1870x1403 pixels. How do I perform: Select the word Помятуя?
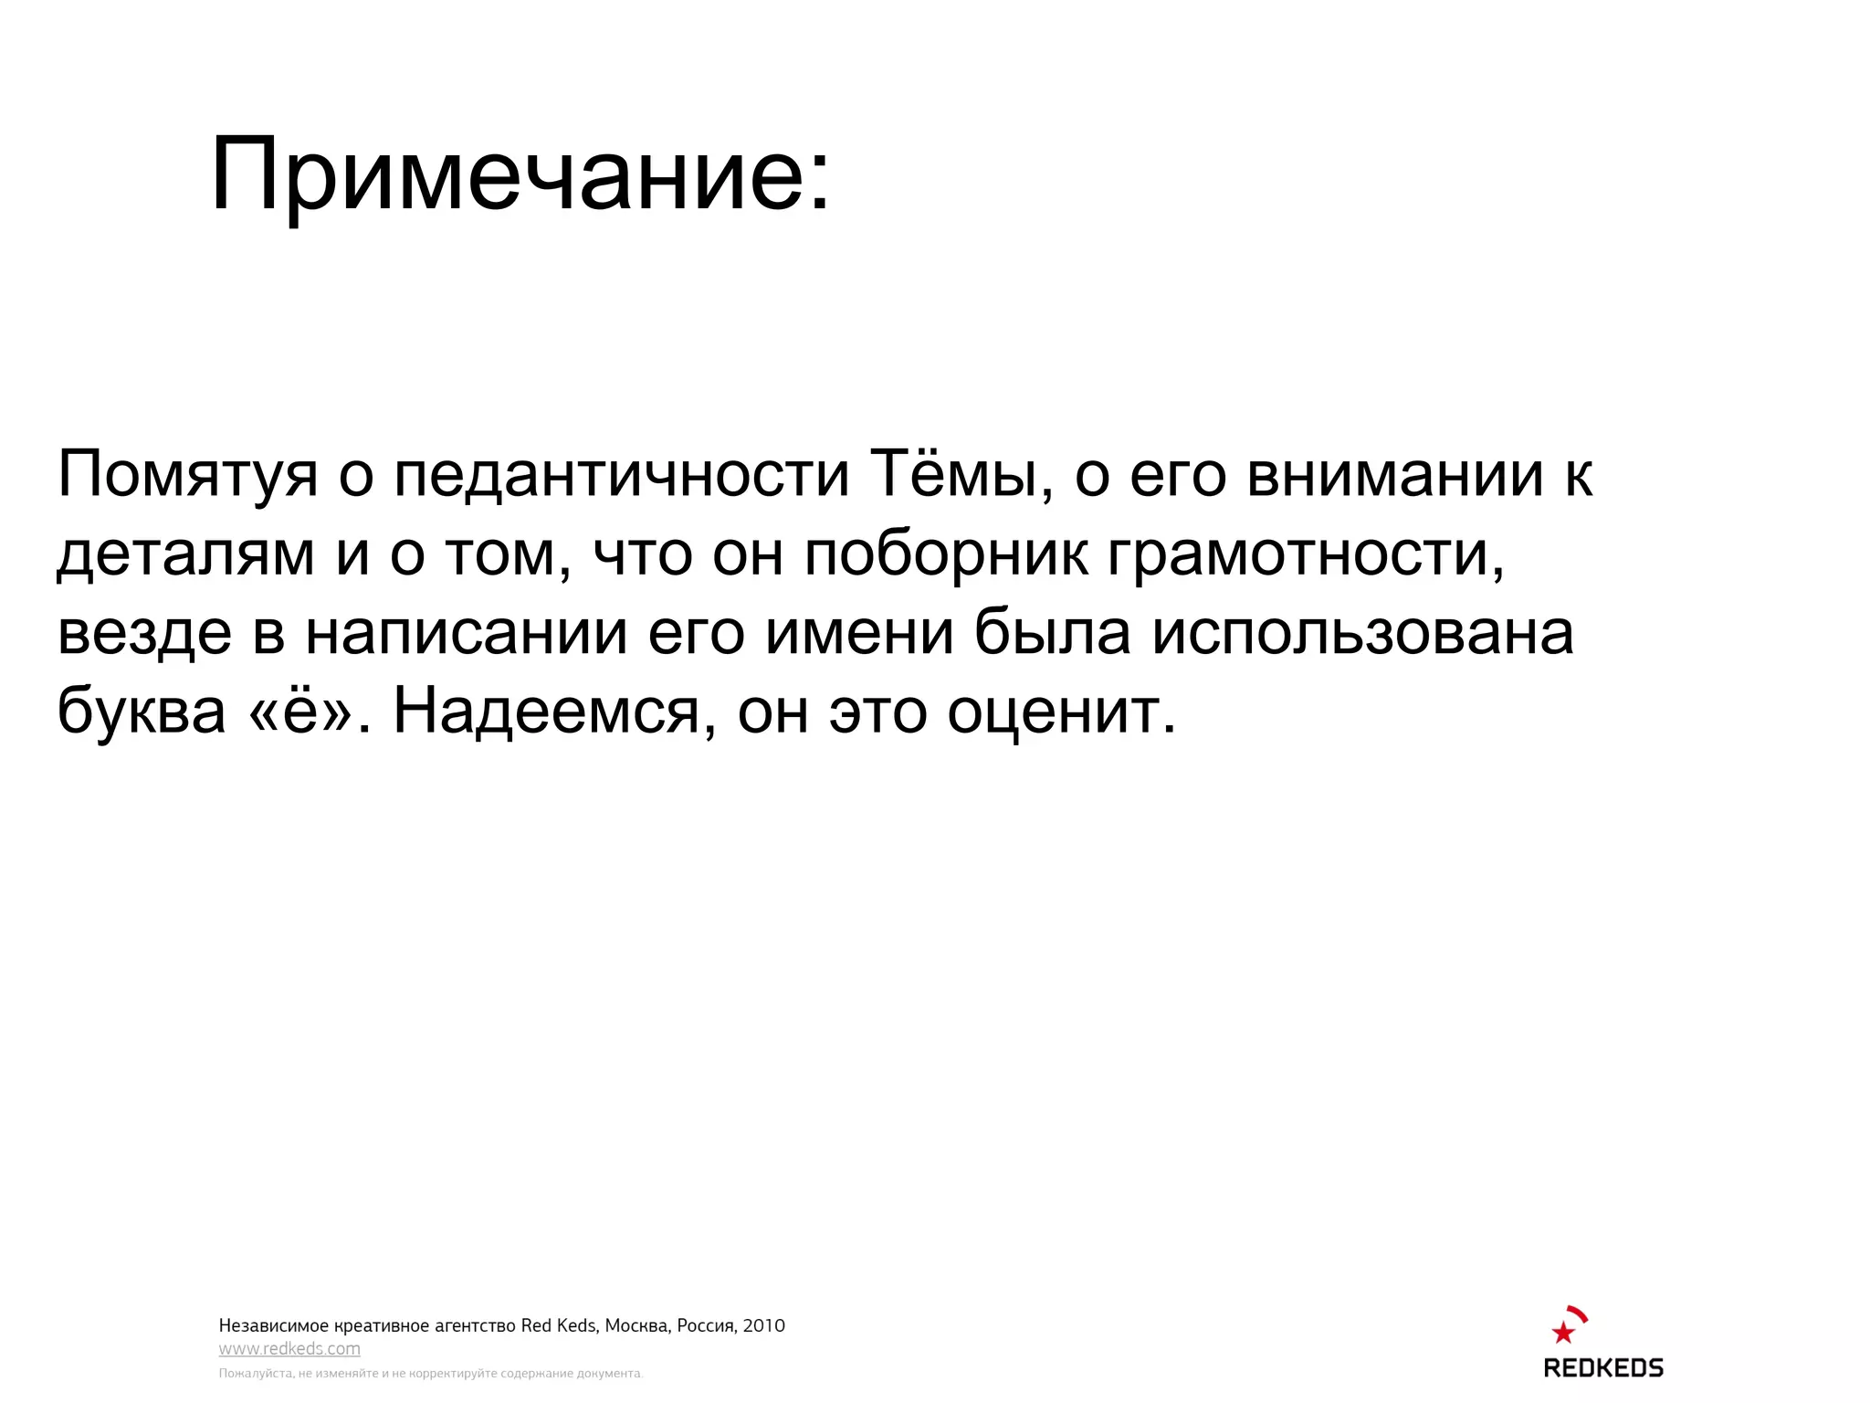point(187,475)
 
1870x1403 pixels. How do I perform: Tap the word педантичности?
point(621,475)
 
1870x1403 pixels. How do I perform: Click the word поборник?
point(946,554)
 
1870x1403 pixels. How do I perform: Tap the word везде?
point(144,632)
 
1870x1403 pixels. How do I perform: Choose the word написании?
point(466,632)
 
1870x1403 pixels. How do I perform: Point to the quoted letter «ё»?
point(300,711)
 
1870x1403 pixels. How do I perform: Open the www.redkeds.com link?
point(289,1349)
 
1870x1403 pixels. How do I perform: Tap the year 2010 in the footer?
point(763,1325)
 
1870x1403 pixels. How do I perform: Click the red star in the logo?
point(1563,1333)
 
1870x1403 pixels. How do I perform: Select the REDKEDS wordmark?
point(1603,1368)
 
